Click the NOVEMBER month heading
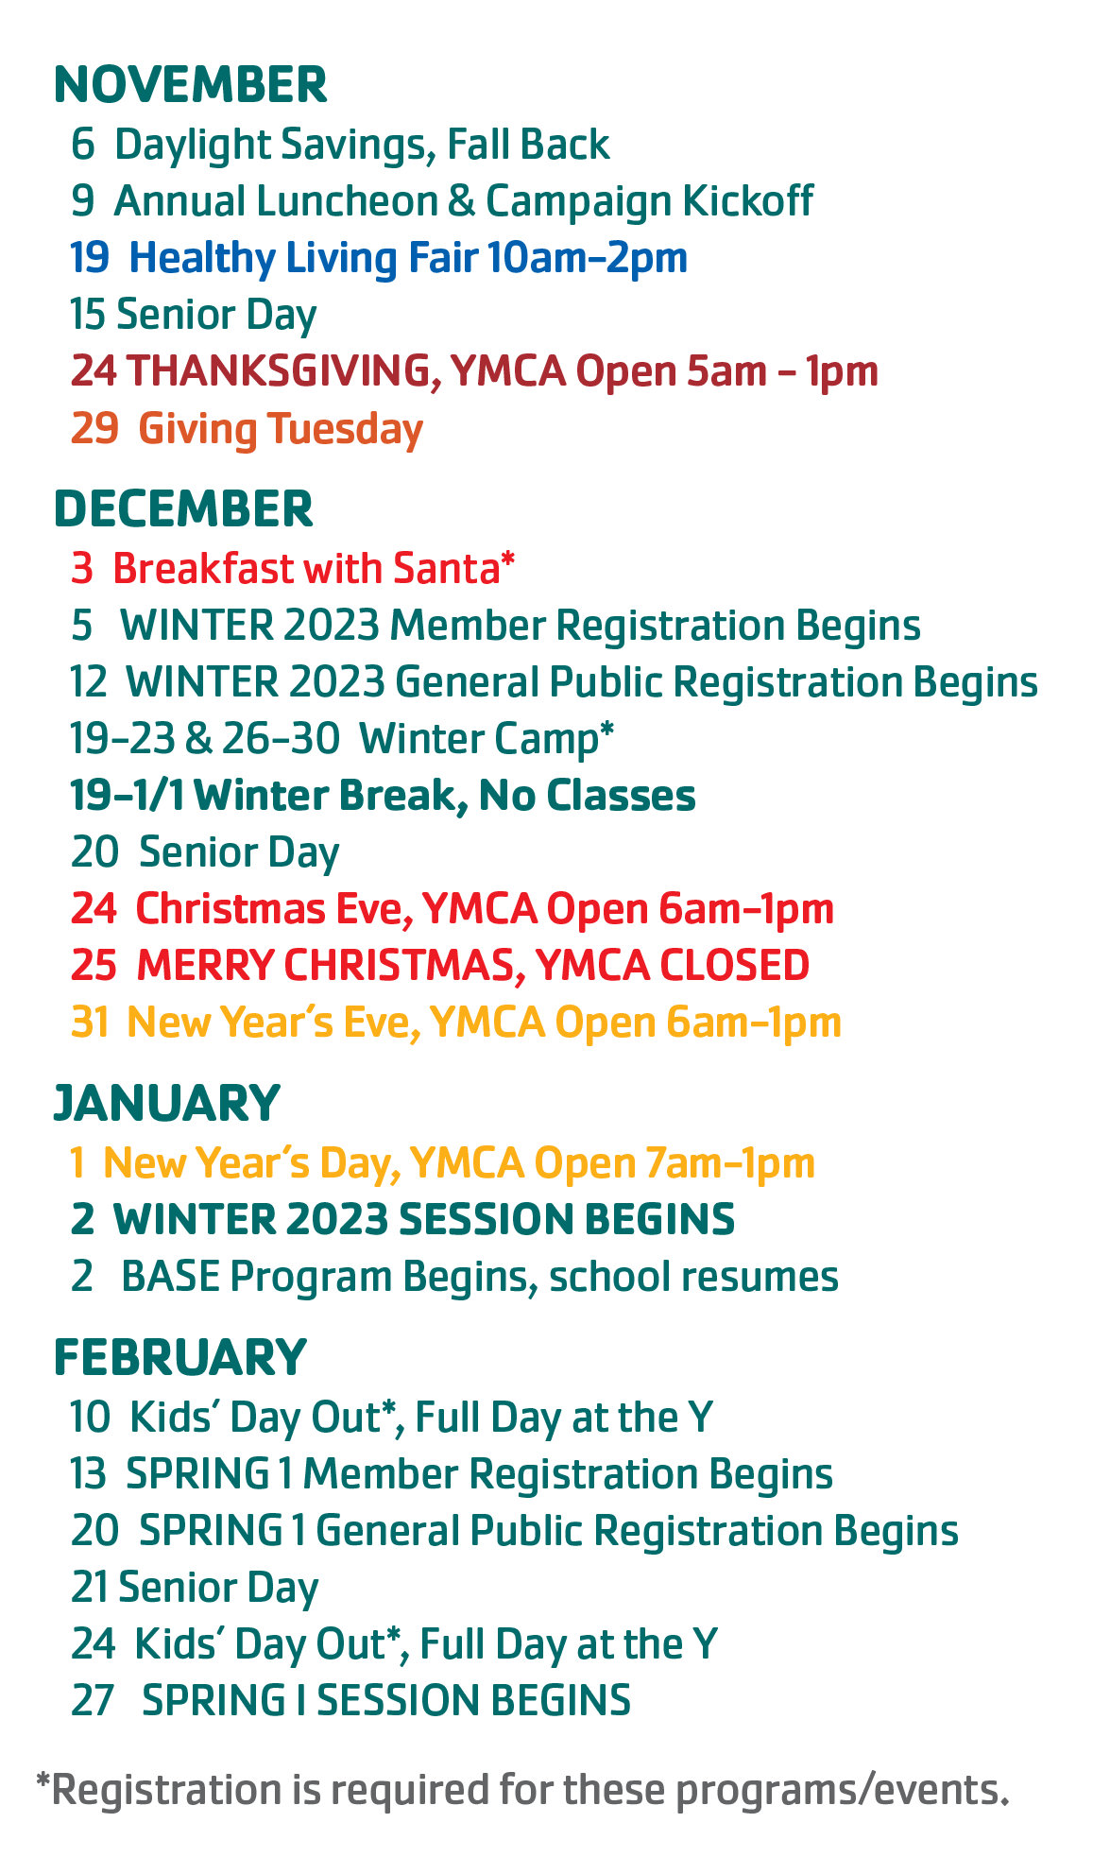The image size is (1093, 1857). tap(191, 85)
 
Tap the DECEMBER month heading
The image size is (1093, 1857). tap(183, 509)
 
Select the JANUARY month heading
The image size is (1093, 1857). tap(167, 1103)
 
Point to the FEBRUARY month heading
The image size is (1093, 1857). tap(180, 1357)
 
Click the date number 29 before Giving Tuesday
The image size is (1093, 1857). tap(94, 428)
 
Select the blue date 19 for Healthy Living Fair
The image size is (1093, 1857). tap(89, 258)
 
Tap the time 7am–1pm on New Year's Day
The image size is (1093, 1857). tap(729, 1163)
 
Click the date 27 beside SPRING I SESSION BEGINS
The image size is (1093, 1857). tap(93, 1700)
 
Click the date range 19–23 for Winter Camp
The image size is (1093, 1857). tap(123, 739)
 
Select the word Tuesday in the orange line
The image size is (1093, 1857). tap(346, 430)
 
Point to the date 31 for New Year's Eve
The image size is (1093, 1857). tap(90, 1023)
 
